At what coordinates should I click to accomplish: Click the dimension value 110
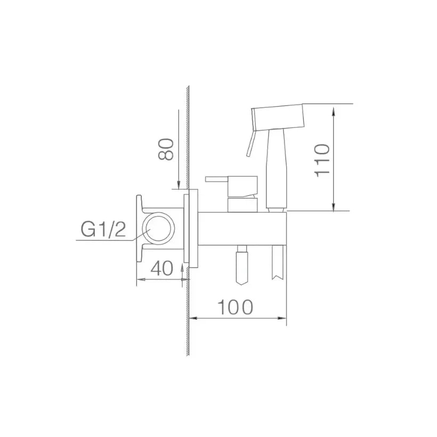click(x=322, y=160)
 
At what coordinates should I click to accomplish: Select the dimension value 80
click(x=166, y=149)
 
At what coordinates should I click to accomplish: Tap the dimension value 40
click(x=161, y=268)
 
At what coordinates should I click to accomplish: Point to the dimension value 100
click(x=235, y=307)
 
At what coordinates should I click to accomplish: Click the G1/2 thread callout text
click(x=103, y=229)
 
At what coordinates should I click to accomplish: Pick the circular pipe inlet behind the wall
click(x=159, y=229)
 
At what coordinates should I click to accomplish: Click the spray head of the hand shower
click(x=278, y=117)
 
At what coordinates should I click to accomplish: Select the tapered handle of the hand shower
click(x=276, y=169)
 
